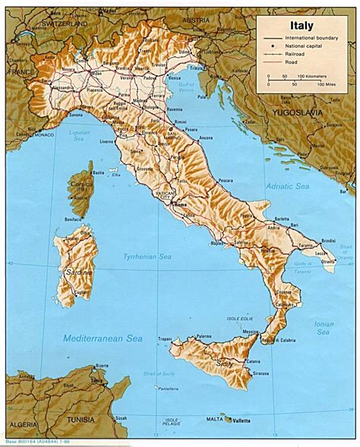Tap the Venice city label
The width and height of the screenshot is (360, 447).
pos(175,77)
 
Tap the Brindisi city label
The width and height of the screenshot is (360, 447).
pos(327,239)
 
